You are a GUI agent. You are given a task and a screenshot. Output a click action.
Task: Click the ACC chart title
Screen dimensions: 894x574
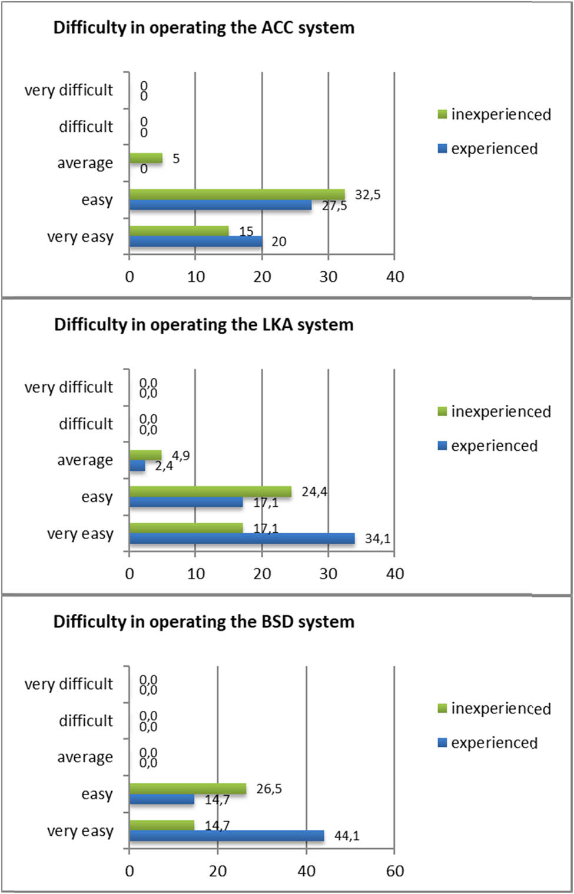tap(204, 28)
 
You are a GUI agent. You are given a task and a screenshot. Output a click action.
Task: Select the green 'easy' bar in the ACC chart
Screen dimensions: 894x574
tap(237, 194)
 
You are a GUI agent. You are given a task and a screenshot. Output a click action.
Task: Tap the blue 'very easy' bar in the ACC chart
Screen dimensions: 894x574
tap(195, 241)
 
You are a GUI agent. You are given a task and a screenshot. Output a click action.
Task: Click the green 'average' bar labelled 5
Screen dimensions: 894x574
tap(145, 158)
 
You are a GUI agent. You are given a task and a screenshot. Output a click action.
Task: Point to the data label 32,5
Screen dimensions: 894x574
tap(367, 195)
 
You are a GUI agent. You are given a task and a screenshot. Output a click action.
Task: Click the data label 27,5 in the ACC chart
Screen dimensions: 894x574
tap(334, 206)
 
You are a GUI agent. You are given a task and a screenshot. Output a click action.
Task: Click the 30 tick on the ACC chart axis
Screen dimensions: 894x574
tap(328, 277)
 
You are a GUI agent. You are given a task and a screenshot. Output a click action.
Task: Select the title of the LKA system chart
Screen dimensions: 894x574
tap(204, 325)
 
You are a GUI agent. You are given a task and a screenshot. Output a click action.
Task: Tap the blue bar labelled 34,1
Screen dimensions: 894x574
tap(241, 539)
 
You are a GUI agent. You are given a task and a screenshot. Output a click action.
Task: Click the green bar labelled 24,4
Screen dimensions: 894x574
tap(210, 491)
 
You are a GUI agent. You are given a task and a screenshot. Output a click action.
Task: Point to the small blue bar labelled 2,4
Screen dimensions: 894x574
tap(137, 466)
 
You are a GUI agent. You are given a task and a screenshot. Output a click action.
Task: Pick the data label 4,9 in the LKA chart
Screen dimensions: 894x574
tap(181, 456)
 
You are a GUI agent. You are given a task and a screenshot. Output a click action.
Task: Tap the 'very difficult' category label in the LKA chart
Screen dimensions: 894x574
tap(68, 387)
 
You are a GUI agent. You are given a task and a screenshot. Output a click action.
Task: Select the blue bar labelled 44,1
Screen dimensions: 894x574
tap(226, 836)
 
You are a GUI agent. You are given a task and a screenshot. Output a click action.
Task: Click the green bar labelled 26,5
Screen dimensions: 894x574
tap(187, 789)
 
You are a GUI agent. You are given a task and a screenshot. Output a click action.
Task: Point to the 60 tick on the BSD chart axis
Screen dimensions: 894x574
tap(394, 871)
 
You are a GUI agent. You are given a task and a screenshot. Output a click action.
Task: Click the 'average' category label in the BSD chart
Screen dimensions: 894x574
tap(85, 757)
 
